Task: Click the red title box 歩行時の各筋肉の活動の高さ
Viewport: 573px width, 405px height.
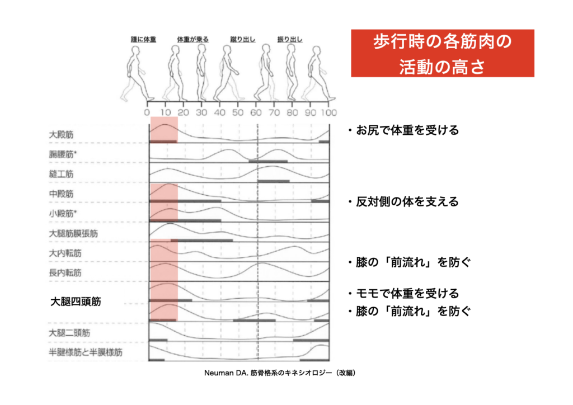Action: coord(442,54)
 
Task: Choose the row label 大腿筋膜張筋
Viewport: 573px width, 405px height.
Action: coord(73,233)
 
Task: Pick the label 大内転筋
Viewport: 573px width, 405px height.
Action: coord(65,253)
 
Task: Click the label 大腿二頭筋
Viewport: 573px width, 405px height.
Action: coord(69,333)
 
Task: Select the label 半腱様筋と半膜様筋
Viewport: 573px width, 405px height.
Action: coord(85,352)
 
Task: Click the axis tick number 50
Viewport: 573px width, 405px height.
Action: coord(238,111)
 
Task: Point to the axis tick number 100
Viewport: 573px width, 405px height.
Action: coord(328,111)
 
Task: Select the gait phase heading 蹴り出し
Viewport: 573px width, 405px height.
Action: coord(243,40)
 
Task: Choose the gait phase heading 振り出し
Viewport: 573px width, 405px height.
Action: coord(290,40)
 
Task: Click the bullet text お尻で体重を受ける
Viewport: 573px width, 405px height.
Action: coord(406,130)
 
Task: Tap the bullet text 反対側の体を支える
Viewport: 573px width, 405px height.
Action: coord(406,201)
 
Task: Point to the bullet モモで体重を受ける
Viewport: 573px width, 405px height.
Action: coord(406,293)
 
